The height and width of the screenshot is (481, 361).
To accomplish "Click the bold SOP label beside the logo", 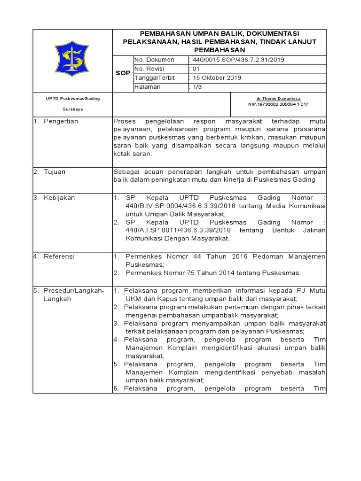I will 123,74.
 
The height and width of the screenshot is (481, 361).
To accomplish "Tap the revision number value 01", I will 193,69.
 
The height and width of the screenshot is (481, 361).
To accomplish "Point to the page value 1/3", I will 194,87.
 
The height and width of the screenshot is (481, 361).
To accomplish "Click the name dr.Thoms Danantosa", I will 278,98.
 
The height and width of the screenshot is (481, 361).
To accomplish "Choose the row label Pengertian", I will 61,121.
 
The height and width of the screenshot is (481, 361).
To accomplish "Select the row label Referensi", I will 59,256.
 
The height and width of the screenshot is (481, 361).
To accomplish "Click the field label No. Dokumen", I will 154,60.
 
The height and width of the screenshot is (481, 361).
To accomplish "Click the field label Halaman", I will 148,87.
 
